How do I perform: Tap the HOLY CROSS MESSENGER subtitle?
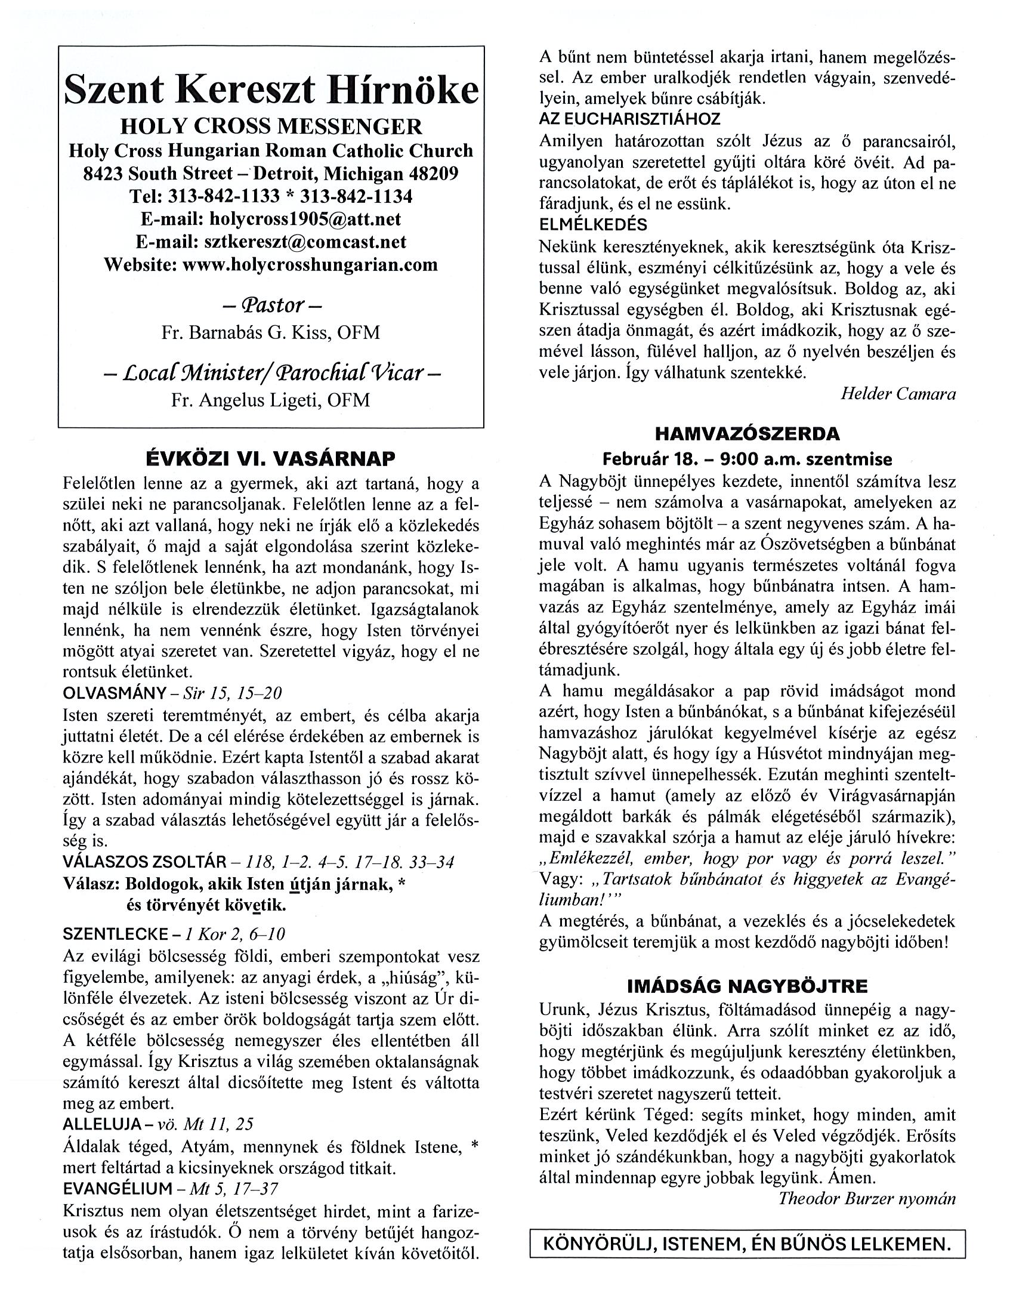(271, 127)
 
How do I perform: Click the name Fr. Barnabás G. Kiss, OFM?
(271, 332)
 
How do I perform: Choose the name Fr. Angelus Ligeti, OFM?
(271, 399)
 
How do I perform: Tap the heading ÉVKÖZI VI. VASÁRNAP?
(271, 459)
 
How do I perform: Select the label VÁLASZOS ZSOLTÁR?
(144, 862)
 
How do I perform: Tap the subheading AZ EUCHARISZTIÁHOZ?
(629, 119)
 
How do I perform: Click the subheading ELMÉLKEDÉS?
(593, 224)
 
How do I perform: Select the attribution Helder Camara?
(897, 393)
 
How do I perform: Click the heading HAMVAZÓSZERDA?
(747, 433)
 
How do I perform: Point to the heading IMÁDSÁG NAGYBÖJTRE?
(747, 986)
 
